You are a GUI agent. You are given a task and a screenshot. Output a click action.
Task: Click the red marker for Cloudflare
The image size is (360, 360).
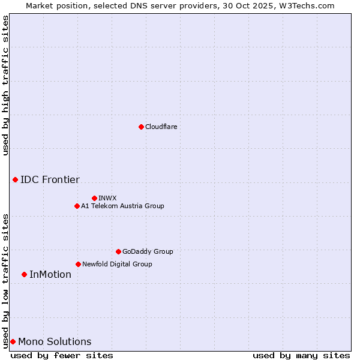point(141,127)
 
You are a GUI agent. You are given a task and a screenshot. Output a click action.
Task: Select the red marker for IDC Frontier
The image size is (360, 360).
point(15,179)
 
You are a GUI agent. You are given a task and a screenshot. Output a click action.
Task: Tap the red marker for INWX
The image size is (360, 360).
point(94,198)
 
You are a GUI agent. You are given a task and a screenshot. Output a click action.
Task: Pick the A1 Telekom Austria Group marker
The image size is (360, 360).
point(77,206)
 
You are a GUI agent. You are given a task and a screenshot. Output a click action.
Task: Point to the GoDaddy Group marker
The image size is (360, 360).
point(118,251)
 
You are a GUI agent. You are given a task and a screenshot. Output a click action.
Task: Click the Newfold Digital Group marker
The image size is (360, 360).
point(78,264)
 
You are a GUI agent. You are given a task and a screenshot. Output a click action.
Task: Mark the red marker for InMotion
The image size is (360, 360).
point(24,274)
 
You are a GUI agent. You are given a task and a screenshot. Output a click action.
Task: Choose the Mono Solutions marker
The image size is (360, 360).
point(13,341)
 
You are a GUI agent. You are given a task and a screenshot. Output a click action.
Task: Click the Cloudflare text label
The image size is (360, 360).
point(161,127)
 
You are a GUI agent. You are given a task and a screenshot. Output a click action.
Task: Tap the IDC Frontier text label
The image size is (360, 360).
point(50,179)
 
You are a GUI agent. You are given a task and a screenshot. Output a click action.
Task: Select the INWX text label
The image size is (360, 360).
point(107,198)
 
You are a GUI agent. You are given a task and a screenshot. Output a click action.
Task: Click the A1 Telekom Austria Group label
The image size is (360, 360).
point(122,206)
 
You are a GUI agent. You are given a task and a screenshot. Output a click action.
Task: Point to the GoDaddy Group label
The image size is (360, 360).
point(148,251)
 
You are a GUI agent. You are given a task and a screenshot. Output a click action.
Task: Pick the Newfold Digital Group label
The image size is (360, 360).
point(117,264)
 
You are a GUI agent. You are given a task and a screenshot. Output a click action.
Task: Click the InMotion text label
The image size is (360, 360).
point(50,274)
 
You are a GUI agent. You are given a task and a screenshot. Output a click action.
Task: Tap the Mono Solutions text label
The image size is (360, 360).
point(55,341)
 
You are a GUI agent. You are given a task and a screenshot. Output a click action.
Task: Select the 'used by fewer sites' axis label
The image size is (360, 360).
point(62,355)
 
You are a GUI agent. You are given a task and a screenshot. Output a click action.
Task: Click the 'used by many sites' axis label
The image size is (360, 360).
point(301,355)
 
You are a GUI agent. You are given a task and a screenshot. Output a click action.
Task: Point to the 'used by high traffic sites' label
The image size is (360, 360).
point(5,85)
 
